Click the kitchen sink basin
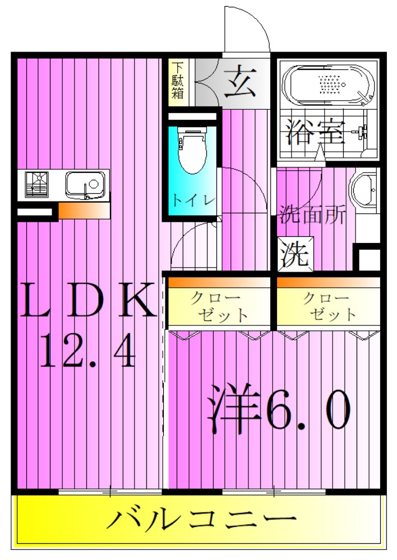click(x=85, y=184)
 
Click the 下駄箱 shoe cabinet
click(x=178, y=82)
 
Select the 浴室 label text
click(x=313, y=133)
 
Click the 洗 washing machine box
click(x=295, y=255)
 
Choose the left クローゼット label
click(x=219, y=306)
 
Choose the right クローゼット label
click(x=330, y=306)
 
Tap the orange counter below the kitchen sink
click(x=84, y=211)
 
